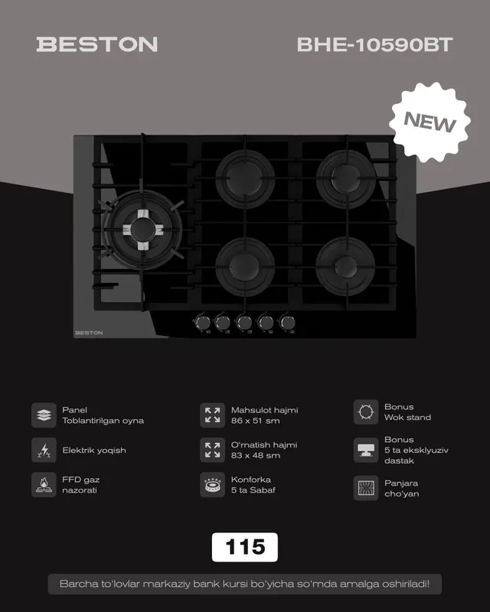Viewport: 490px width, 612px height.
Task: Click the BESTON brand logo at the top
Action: click(97, 44)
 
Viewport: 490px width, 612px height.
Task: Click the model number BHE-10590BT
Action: click(374, 44)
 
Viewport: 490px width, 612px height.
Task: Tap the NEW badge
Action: click(430, 122)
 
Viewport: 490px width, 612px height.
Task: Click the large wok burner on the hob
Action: click(142, 229)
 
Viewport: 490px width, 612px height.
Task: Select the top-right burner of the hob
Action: click(345, 178)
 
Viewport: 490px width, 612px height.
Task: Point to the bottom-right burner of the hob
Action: click(345, 266)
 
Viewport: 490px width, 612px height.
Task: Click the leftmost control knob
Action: click(201, 323)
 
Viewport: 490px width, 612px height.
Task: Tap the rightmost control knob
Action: click(287, 323)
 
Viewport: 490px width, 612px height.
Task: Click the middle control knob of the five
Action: click(244, 323)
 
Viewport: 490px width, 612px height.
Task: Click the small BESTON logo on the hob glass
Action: click(89, 333)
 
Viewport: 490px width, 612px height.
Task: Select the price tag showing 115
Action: click(244, 547)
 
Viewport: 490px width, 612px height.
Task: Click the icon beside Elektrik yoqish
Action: click(44, 450)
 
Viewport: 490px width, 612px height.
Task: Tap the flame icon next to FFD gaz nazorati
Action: click(44, 485)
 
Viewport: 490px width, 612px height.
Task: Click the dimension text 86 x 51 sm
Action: click(255, 421)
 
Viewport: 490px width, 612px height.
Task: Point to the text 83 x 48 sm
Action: click(256, 455)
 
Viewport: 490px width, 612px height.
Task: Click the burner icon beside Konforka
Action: click(213, 485)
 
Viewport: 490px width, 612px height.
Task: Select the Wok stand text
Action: click(407, 417)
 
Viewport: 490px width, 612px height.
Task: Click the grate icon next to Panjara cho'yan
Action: click(366, 488)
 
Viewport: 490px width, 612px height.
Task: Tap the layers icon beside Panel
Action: click(44, 415)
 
